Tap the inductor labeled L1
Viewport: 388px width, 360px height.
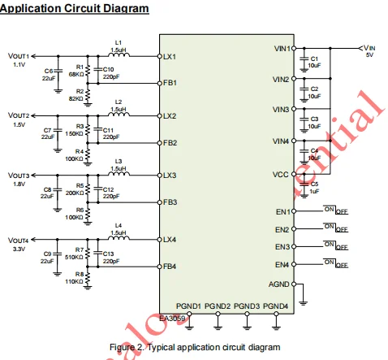pos(119,55)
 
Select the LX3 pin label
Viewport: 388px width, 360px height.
pos(170,175)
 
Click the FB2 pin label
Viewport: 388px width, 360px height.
pos(170,142)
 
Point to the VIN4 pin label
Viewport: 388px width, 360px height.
pos(281,141)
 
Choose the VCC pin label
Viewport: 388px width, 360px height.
pos(282,174)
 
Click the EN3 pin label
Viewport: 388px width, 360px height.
pos(282,246)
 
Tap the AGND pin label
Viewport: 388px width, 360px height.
pos(279,284)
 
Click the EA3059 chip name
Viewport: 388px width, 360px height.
pos(173,319)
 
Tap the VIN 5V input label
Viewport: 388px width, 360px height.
pos(369,52)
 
